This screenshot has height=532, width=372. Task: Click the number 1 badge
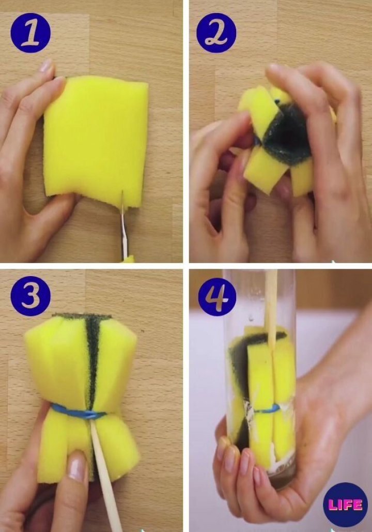click(30, 33)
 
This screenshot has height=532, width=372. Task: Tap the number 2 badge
click(216, 33)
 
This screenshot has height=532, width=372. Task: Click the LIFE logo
click(346, 505)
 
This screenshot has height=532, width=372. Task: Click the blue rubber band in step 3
click(78, 412)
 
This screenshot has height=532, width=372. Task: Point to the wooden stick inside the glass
click(270, 312)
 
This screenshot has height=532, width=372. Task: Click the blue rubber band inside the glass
click(266, 409)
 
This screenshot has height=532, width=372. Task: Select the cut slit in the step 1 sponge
click(122, 200)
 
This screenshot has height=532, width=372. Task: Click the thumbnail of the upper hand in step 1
click(46, 66)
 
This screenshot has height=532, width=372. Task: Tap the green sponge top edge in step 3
click(82, 316)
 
